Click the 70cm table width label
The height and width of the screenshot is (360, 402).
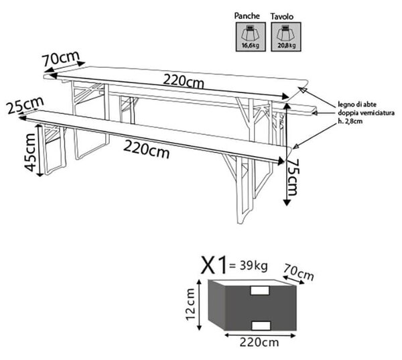click(x=61, y=58)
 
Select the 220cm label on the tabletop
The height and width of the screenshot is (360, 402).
click(x=184, y=82)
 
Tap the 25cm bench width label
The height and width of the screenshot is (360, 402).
click(x=25, y=105)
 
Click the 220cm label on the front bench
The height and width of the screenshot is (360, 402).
click(x=146, y=150)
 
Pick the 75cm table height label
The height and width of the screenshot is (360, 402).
click(x=293, y=177)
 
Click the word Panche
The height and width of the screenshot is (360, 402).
click(x=247, y=16)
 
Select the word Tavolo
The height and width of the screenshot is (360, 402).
click(x=282, y=16)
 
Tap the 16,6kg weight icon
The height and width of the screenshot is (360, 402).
click(x=251, y=37)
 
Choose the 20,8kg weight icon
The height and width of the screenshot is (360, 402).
click(x=286, y=37)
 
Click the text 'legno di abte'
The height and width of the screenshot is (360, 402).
click(x=357, y=105)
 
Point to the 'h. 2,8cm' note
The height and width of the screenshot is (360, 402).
click(x=350, y=121)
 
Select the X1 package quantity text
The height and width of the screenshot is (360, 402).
click(x=214, y=265)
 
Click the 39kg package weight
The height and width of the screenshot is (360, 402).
click(x=253, y=265)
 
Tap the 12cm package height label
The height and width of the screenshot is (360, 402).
click(x=191, y=304)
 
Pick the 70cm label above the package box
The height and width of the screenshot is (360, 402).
click(x=299, y=272)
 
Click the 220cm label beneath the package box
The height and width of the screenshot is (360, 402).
click(x=259, y=343)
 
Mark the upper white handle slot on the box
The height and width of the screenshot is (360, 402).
click(x=260, y=291)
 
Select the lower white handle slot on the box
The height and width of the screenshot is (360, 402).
click(x=261, y=325)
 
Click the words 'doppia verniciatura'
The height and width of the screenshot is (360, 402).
click(x=366, y=113)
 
